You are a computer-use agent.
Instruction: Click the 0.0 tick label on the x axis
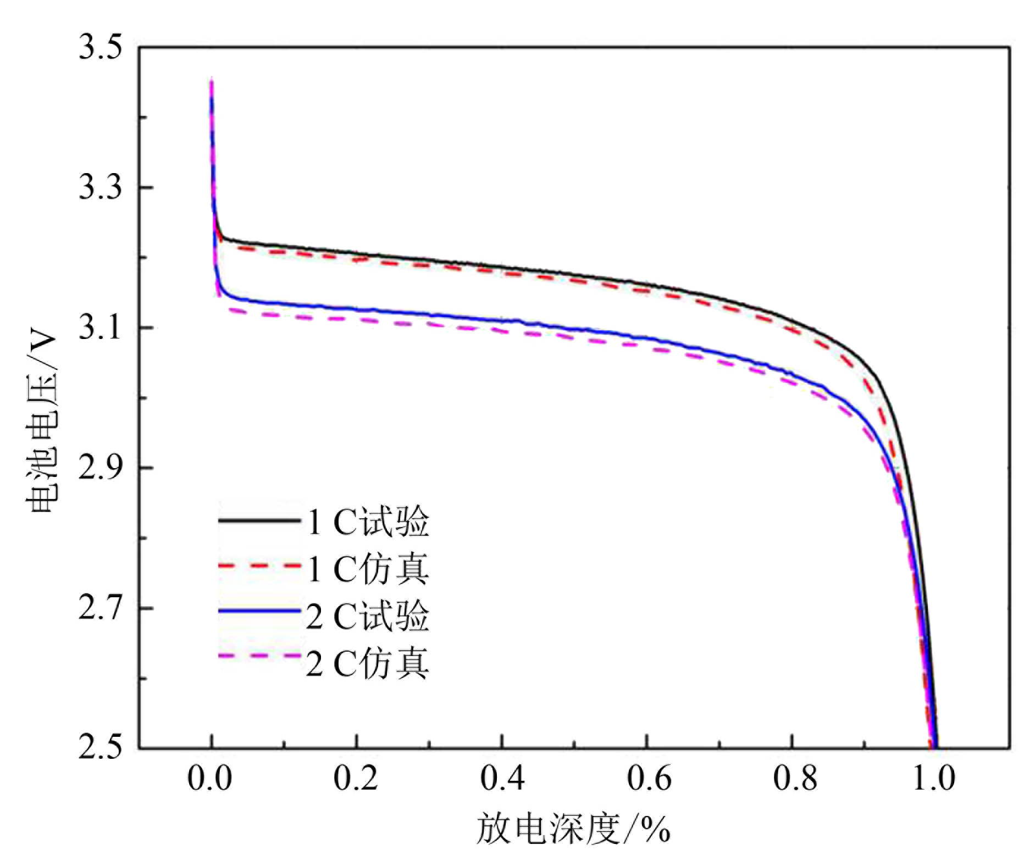pos(210,779)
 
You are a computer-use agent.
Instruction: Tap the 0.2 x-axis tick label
pos(356,779)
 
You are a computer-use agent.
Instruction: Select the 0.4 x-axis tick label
pos(502,779)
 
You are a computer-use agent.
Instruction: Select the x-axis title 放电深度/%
pos(573,829)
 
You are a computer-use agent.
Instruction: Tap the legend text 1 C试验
pos(367,521)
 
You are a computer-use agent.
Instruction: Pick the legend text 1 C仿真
pos(367,569)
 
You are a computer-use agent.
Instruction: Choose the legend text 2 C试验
pos(367,616)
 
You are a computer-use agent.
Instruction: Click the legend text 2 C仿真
pos(367,664)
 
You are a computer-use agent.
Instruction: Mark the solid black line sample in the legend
pos(259,520)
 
